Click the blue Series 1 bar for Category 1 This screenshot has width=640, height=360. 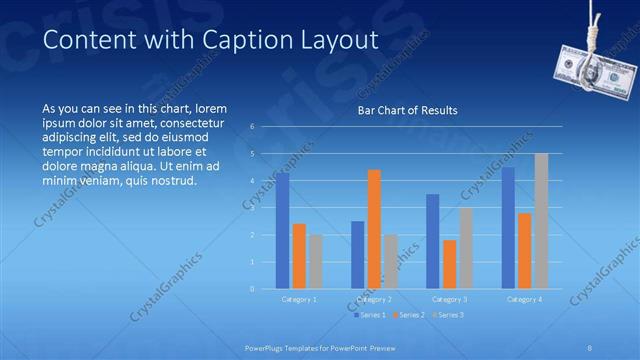pos(283,231)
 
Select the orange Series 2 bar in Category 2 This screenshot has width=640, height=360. pos(374,229)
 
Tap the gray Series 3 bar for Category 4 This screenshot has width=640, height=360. pos(541,221)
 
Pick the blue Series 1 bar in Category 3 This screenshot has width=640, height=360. pos(432,241)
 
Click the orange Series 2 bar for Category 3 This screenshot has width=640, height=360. pos(449,264)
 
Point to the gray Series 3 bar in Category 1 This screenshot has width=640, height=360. pos(315,262)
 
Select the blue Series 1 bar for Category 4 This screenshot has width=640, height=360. pos(508,228)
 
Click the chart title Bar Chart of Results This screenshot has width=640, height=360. pos(407,110)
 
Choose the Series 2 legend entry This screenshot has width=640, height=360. pos(409,315)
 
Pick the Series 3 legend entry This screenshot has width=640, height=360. pos(449,315)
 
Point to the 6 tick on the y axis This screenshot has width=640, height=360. pos(253,127)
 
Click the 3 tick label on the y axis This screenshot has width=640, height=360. pos(253,208)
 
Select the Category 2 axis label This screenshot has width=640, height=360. pos(373,299)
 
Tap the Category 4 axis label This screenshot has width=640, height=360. pos(524,299)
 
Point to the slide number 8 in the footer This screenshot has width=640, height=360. pos(589,348)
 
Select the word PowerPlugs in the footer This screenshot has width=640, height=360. pos(267,348)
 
